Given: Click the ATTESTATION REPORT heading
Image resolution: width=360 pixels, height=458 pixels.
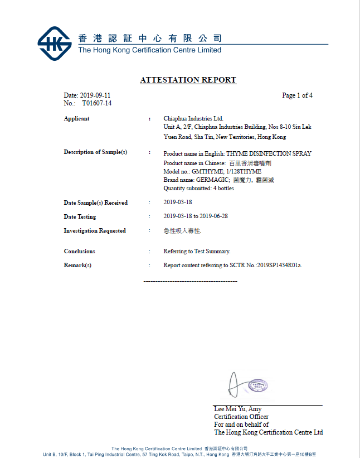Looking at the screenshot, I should (x=188, y=80).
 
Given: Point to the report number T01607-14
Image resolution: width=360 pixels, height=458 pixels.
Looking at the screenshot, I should (x=97, y=103).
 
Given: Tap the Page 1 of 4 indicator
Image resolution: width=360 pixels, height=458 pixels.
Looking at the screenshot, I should (x=297, y=95).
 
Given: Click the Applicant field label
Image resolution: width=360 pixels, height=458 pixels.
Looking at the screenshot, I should (x=76, y=118).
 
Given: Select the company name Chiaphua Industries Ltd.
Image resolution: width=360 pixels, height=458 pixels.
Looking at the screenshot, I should (x=193, y=118).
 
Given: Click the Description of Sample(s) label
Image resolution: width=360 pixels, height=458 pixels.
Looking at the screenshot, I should (x=95, y=152).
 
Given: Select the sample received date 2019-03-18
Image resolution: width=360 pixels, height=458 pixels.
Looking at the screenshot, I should (x=178, y=203).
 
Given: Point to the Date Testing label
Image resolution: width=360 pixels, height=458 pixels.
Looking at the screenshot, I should (x=80, y=216).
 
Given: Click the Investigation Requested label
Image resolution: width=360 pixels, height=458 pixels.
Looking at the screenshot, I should (x=95, y=230).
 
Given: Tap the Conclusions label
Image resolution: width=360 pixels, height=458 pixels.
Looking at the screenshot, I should (x=79, y=252).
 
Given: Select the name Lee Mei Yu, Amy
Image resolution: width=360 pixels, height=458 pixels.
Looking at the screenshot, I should (x=237, y=409).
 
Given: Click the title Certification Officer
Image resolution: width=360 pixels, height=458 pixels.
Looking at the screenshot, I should (x=241, y=417).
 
